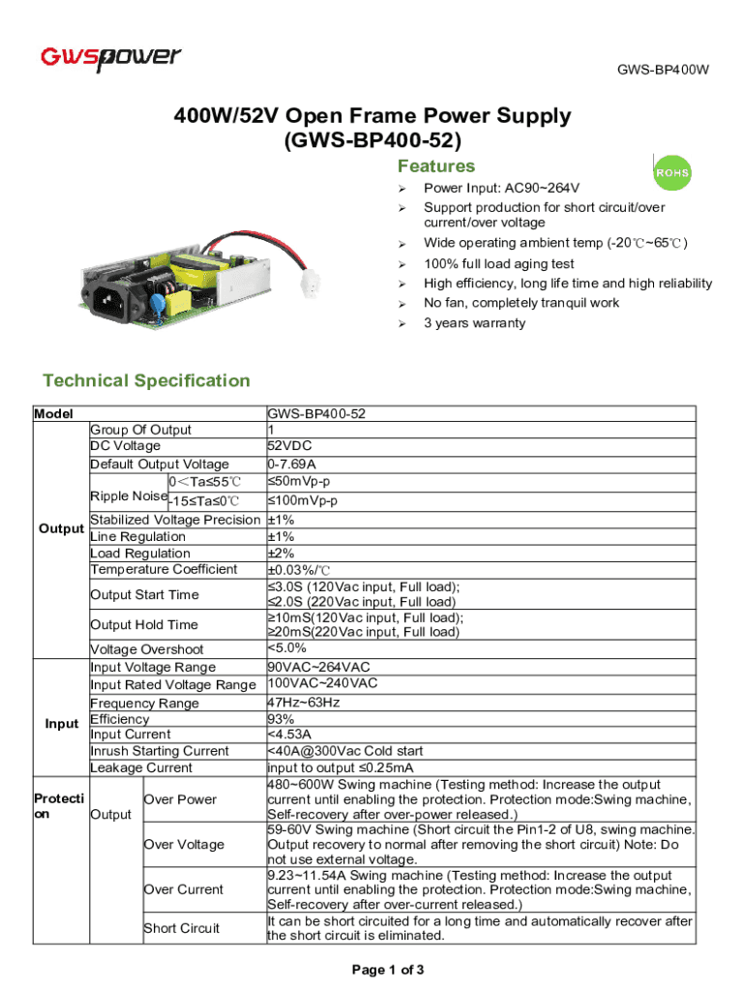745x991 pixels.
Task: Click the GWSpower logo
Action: (x=110, y=58)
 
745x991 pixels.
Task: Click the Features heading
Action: (x=436, y=165)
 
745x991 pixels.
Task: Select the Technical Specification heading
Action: (x=145, y=380)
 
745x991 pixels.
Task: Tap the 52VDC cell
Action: (x=287, y=446)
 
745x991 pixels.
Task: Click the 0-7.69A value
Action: (x=290, y=464)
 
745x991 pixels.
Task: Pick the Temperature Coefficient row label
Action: (x=164, y=569)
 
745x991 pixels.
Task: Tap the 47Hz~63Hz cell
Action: (x=303, y=703)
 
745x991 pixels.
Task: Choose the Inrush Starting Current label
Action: (x=160, y=751)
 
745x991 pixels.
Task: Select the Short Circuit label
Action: (x=182, y=928)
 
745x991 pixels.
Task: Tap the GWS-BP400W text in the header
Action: (x=663, y=70)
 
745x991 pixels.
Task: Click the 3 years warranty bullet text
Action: (x=474, y=323)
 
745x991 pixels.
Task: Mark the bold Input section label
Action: (x=62, y=724)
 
